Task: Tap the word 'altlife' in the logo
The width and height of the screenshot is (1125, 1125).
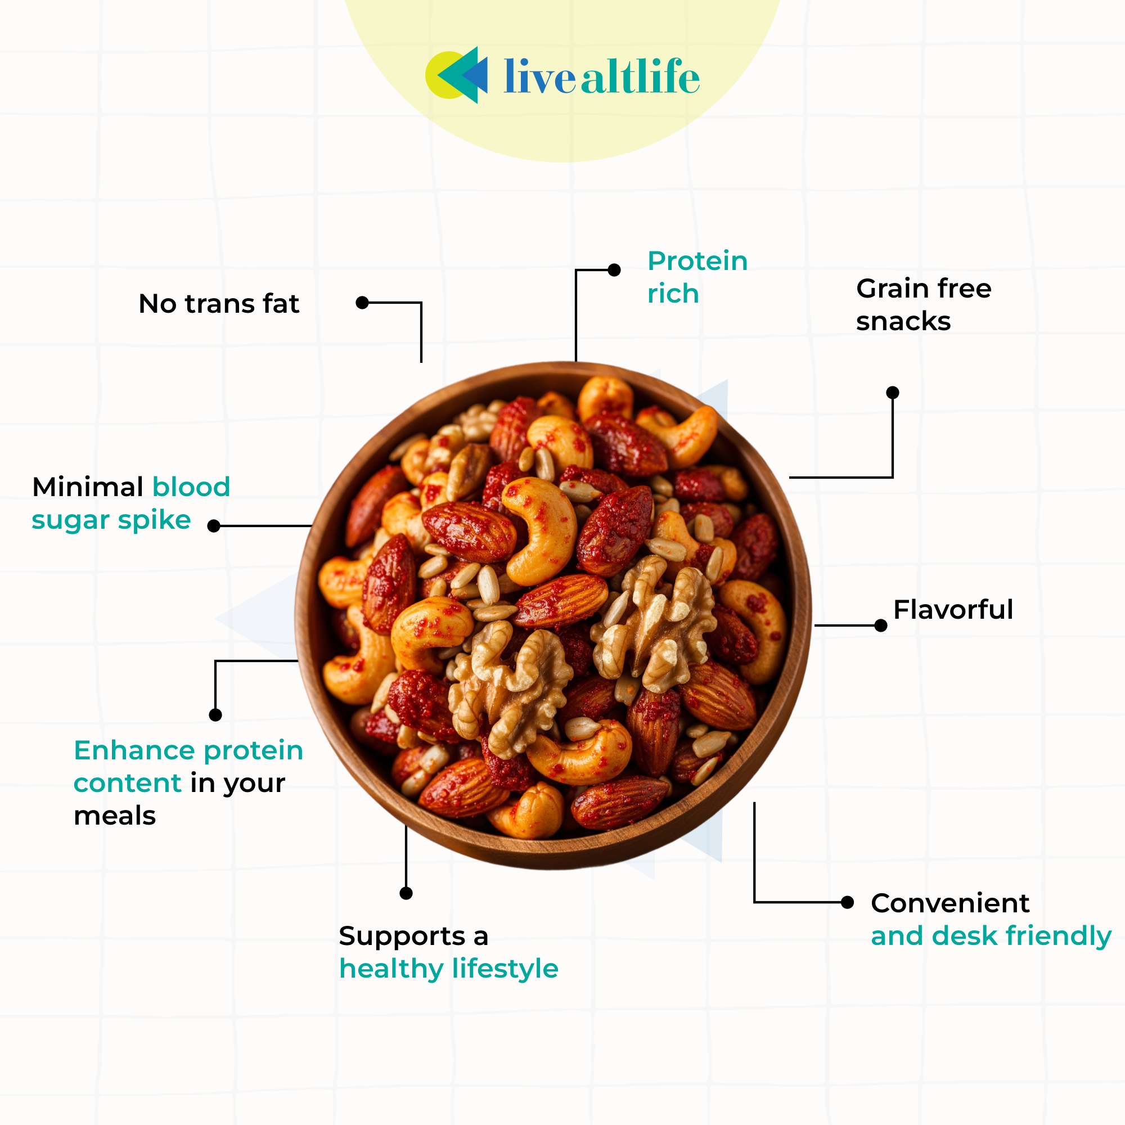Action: (x=640, y=77)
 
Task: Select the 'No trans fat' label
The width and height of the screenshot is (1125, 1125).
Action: (x=219, y=304)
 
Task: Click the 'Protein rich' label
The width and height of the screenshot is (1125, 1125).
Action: (x=697, y=277)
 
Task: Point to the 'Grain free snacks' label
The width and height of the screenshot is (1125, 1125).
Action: (x=923, y=304)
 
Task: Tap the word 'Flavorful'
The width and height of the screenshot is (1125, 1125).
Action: (x=953, y=610)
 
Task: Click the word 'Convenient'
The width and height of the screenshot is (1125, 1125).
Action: (x=950, y=903)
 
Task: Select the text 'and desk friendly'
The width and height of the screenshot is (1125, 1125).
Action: (x=991, y=936)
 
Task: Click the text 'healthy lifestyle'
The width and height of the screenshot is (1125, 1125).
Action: (x=448, y=969)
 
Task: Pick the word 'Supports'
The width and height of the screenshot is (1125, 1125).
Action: (x=402, y=937)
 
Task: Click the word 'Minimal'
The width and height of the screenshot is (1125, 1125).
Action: (x=88, y=487)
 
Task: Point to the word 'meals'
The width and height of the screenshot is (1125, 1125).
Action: (x=115, y=816)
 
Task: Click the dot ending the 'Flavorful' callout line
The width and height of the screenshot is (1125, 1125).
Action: (x=881, y=625)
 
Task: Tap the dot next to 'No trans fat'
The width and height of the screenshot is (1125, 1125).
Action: (x=362, y=303)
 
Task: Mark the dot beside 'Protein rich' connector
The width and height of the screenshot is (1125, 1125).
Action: (x=614, y=270)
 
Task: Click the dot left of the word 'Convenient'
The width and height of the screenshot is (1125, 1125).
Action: (x=848, y=903)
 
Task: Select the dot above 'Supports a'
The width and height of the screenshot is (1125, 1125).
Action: (x=407, y=893)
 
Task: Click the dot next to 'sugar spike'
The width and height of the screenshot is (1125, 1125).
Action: (x=214, y=526)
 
